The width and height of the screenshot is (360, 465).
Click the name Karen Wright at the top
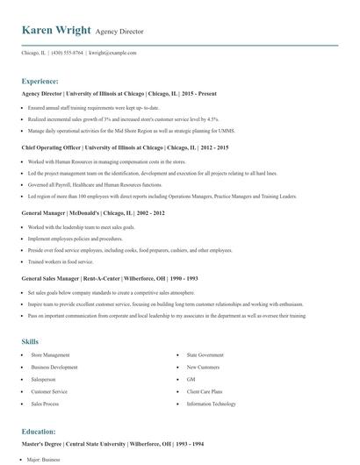pos(56,30)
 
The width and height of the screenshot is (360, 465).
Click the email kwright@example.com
pos(113,53)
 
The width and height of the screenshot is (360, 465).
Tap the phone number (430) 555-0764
pos(68,53)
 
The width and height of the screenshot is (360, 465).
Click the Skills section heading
pos(30,340)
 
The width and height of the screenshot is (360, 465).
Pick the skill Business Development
pos(54,368)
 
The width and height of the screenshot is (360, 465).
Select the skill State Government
pos(205,355)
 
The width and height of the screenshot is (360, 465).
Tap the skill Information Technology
pos(211,404)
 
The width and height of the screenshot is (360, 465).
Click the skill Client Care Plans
pos(204,392)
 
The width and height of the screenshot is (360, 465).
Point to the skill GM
pos(191,380)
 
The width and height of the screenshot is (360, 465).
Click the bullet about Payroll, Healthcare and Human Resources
pos(95,185)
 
